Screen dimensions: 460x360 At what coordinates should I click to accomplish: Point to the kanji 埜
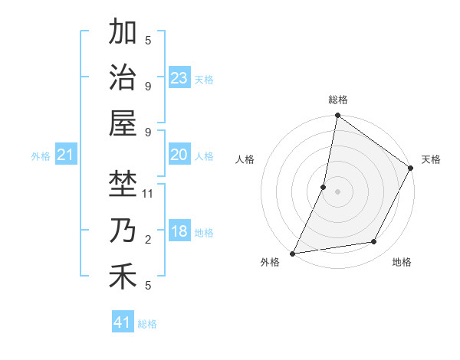[123, 184]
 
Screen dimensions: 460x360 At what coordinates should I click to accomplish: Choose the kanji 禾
[123, 277]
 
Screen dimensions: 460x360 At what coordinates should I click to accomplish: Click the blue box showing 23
[179, 77]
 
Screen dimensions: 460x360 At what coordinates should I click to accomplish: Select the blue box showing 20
[179, 155]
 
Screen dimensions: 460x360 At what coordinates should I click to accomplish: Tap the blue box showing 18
[179, 231]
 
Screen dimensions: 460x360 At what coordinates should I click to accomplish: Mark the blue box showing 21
[66, 155]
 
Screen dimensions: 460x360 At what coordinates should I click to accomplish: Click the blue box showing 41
[123, 322]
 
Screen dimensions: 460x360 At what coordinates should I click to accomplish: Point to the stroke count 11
[148, 193]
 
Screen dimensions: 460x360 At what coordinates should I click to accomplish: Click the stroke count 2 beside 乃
[148, 240]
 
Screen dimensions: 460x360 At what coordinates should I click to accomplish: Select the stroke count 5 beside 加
[148, 40]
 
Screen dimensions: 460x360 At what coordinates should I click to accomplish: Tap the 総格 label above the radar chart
[338, 100]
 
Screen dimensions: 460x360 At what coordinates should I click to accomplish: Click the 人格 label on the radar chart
[245, 159]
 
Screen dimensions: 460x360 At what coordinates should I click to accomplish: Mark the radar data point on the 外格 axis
[293, 253]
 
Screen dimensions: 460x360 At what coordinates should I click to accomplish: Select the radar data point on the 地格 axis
[374, 242]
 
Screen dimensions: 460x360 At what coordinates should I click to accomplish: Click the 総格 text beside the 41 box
[147, 324]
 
